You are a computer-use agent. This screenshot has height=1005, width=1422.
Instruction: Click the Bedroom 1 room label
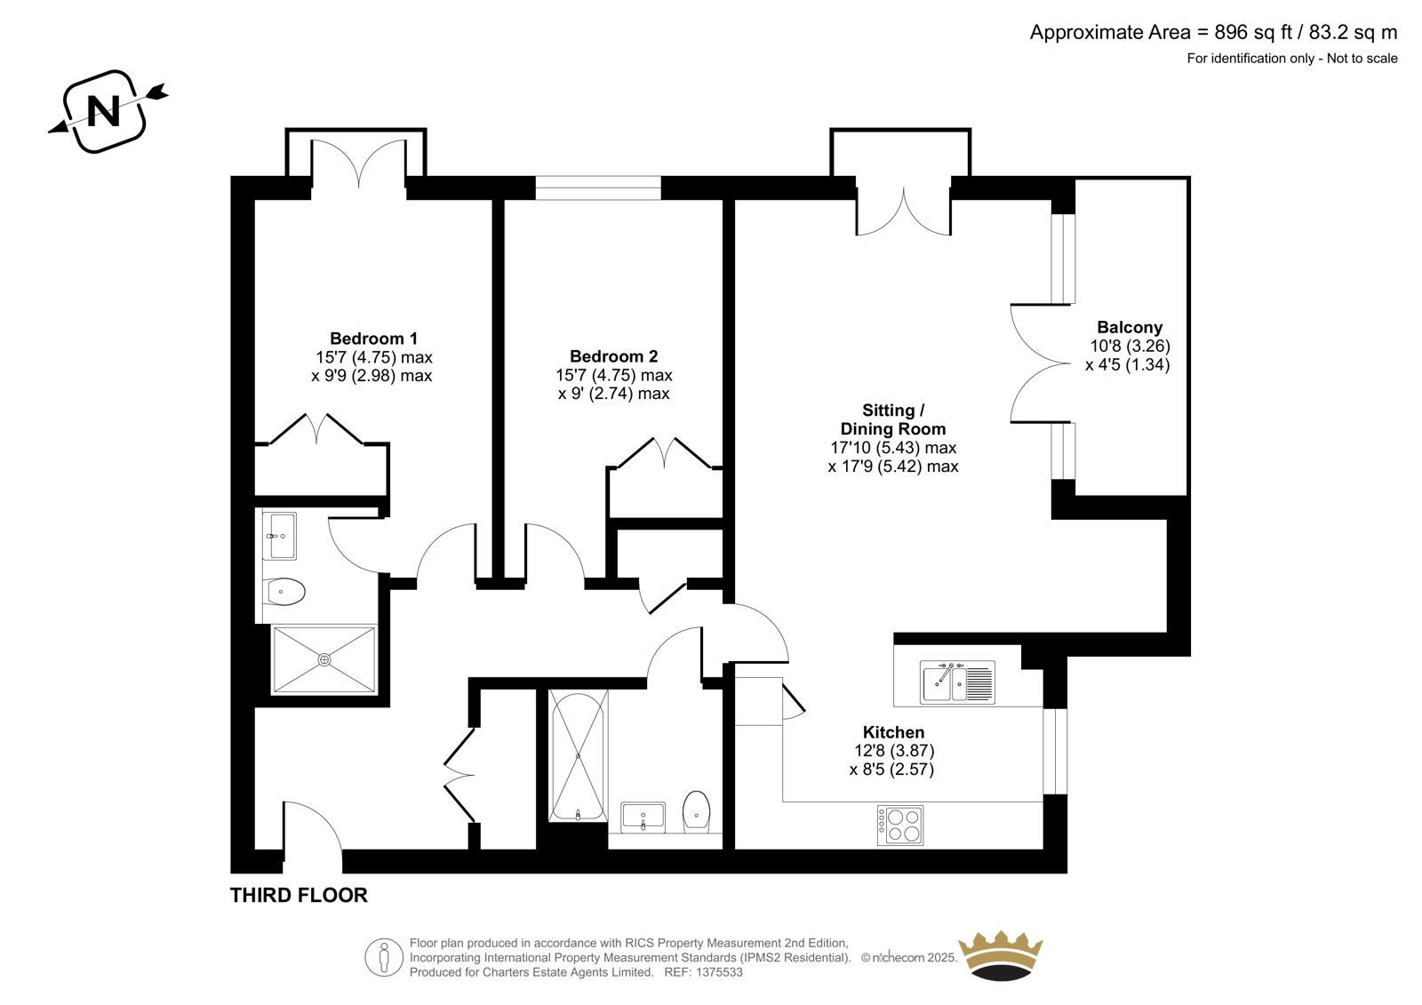(x=373, y=339)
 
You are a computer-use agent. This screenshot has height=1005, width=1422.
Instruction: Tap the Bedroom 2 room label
(x=613, y=356)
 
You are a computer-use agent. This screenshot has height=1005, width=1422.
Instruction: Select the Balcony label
(x=1130, y=328)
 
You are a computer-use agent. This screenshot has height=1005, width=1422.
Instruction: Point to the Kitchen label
(x=893, y=732)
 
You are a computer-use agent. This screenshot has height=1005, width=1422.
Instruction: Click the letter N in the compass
(x=104, y=112)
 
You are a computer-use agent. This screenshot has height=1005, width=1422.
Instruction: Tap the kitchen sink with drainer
(x=957, y=682)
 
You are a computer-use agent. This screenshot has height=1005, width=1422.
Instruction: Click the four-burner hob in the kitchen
(x=900, y=826)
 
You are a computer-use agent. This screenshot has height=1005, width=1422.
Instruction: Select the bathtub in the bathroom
(x=578, y=756)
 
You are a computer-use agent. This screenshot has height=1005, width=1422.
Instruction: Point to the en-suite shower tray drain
(x=324, y=659)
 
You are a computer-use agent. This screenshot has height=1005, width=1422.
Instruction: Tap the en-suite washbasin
(x=279, y=537)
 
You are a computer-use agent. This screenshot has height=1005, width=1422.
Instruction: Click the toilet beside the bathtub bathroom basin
(x=697, y=810)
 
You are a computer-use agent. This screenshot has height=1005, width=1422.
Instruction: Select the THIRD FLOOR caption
(x=299, y=896)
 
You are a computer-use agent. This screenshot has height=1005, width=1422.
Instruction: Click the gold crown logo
(x=1000, y=955)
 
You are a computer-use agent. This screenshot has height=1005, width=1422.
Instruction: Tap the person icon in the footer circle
(x=383, y=957)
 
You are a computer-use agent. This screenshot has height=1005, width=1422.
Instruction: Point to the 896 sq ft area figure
(x=1254, y=32)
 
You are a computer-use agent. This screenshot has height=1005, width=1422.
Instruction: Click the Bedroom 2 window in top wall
(x=598, y=187)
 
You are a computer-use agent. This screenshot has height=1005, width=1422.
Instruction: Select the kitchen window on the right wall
(x=1055, y=751)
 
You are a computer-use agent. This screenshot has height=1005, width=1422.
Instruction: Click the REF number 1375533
(x=703, y=972)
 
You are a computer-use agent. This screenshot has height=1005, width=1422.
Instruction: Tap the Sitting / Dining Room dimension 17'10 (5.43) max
(x=893, y=448)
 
